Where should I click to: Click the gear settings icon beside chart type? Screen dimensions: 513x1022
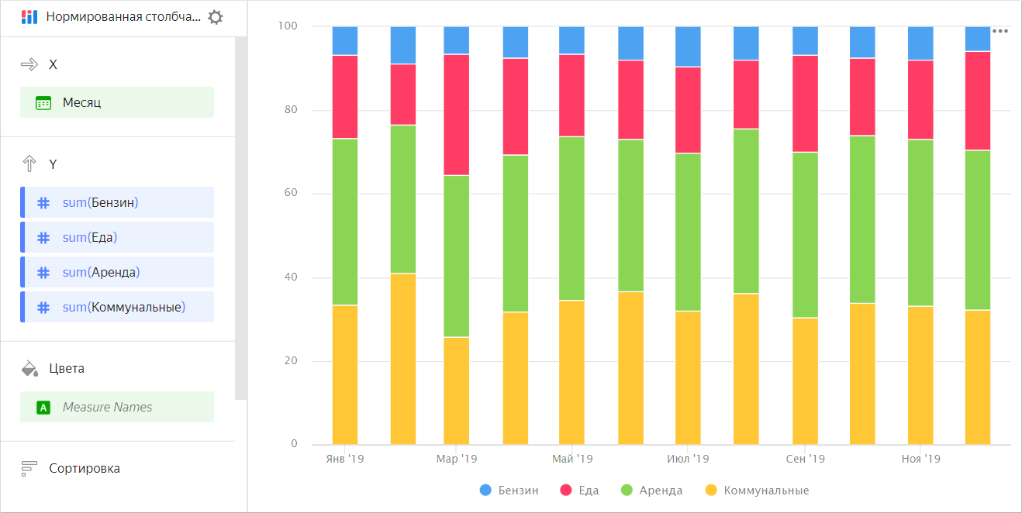[x=216, y=17]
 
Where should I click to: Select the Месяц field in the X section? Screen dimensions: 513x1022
[x=116, y=102]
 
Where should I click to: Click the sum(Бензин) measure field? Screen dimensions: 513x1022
[x=116, y=203]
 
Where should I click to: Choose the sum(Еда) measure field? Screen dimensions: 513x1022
[x=116, y=237]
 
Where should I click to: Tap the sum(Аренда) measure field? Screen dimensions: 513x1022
[x=116, y=272]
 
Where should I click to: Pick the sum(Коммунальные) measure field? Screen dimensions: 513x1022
[x=116, y=307]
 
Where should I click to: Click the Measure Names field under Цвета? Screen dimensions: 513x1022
[x=116, y=407]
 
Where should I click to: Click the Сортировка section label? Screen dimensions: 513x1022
[x=84, y=468]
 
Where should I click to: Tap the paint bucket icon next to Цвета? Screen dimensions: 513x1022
[x=29, y=368]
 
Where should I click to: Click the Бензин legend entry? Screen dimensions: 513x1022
[x=509, y=491]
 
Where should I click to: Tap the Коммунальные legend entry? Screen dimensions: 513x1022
[x=756, y=491]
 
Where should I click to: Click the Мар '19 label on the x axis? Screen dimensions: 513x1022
[x=457, y=459]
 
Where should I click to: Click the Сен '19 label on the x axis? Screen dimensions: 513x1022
[x=805, y=459]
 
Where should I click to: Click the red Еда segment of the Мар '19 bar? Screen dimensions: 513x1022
[x=456, y=115]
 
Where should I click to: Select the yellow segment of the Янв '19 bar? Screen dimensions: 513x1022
[x=345, y=374]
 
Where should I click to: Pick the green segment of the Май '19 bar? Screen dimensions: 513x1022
[x=571, y=218]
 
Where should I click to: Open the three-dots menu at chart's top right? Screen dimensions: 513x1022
[x=1000, y=31]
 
